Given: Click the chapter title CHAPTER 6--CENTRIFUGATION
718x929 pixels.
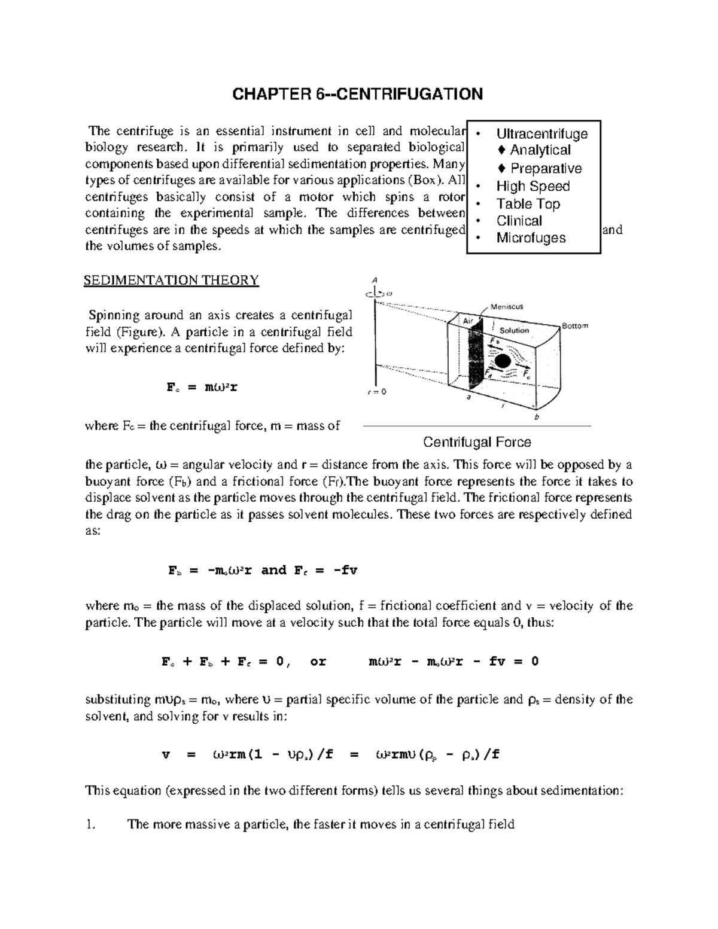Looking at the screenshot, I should [357, 95].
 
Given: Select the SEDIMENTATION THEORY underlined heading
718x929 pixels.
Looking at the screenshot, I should [171, 280].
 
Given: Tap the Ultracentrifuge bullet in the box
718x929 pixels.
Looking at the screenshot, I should [541, 133].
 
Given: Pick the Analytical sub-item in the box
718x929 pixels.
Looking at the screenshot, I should [540, 150].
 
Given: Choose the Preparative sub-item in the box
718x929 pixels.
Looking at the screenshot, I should [545, 169].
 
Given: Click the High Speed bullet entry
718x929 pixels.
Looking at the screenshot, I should [533, 186].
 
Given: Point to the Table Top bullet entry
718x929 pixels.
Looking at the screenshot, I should [528, 203].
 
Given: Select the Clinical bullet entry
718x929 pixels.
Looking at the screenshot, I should [519, 221].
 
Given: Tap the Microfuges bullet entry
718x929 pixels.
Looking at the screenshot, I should [531, 238].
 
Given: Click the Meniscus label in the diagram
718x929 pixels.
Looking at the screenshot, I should [506, 306].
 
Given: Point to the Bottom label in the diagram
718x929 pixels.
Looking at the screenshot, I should [574, 326].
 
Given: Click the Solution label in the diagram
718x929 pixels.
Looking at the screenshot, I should [514, 330].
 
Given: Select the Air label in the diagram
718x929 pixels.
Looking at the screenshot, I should [468, 321].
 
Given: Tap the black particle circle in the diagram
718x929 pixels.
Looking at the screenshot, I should [502, 361].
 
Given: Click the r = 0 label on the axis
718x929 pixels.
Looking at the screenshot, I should [376, 392].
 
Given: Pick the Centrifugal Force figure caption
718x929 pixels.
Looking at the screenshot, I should [477, 442].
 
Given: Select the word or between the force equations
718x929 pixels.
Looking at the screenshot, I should [318, 662].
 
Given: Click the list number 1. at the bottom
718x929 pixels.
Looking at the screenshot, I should [90, 824].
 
